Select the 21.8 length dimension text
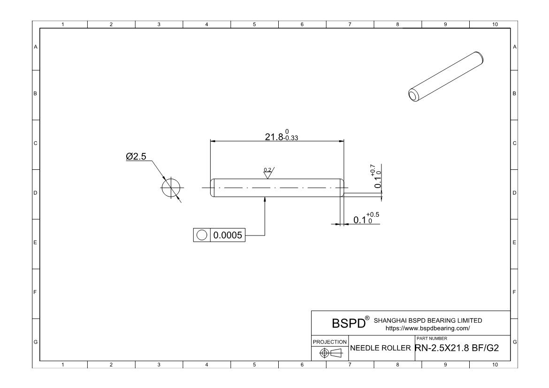point(274,137)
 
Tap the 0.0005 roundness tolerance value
point(228,235)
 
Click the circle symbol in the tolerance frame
point(202,235)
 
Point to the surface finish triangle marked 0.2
point(268,174)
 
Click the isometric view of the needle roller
point(446,75)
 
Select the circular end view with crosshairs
point(171,188)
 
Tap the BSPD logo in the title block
point(349,324)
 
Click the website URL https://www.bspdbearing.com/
point(427,329)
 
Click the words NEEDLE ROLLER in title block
point(381,348)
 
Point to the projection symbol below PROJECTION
point(330,353)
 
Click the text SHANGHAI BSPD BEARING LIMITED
point(427,320)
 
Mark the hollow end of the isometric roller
point(414,96)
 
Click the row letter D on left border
point(35,193)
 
